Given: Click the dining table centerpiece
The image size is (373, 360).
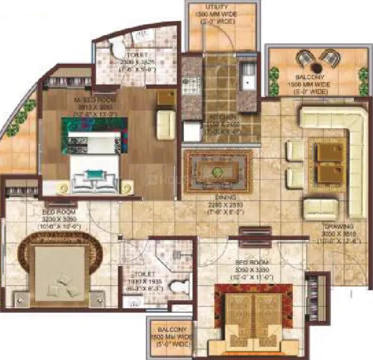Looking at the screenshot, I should coord(217,171).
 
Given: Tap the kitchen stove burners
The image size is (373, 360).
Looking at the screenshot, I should coord(191,86).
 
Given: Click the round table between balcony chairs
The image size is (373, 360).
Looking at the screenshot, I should coord(318,67).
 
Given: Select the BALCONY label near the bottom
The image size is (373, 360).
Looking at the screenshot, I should coord(170,330).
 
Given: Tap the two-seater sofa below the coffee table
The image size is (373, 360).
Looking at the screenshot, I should coord(320,209).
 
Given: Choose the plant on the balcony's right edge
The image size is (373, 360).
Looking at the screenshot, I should coord(363,81).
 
